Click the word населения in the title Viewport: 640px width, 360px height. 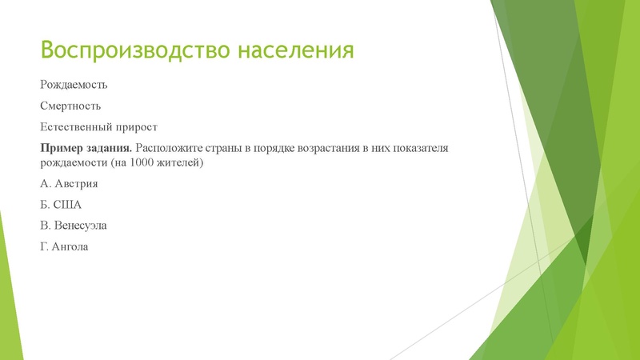point(296,50)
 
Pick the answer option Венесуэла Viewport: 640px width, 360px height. point(80,226)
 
